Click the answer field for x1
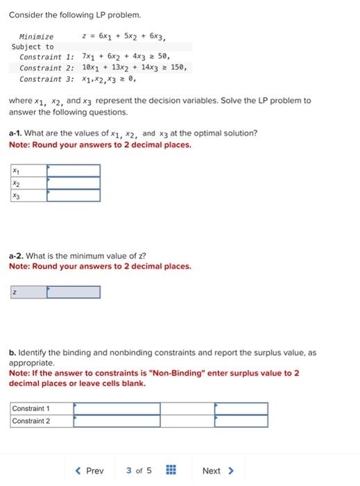[x=74, y=171]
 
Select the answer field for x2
[x=74, y=183]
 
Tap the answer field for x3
[x=74, y=196]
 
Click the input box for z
[x=74, y=292]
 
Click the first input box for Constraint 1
[x=117, y=408]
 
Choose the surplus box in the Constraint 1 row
[x=241, y=408]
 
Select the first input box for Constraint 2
[x=117, y=421]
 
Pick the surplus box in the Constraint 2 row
[x=241, y=421]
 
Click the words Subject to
[x=33, y=47]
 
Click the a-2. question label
[x=16, y=255]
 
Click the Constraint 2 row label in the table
[x=31, y=421]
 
